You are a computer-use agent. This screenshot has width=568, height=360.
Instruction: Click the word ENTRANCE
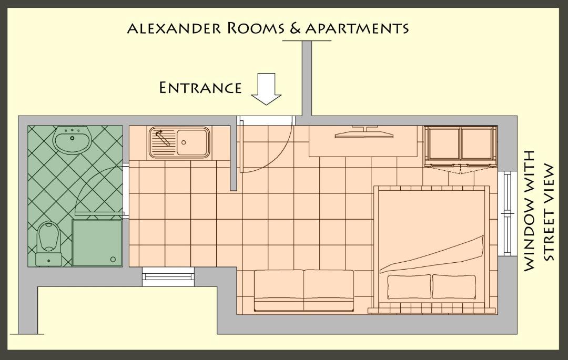200,88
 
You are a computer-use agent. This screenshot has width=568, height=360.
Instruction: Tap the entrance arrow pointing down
266,89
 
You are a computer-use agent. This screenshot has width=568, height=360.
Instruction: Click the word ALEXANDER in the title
174,28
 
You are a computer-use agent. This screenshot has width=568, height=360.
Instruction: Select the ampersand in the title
296,28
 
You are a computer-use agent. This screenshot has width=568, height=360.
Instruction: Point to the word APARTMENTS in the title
357,28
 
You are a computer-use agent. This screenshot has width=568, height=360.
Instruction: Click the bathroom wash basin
72,140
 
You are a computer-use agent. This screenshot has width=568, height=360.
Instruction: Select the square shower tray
97,243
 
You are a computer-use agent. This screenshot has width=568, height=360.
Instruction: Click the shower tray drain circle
113,259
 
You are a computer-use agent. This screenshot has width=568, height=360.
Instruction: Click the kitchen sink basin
192,142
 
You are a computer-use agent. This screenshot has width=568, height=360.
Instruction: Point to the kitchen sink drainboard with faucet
163,142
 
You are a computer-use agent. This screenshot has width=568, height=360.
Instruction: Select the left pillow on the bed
409,286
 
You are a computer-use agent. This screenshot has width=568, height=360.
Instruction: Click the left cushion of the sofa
279,290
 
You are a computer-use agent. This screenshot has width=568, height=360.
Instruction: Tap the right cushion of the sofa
329,290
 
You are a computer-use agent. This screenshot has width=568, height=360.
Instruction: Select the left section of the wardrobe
443,144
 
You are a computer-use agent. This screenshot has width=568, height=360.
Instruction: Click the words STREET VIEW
549,213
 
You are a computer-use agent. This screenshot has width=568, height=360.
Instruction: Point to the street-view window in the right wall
508,213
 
